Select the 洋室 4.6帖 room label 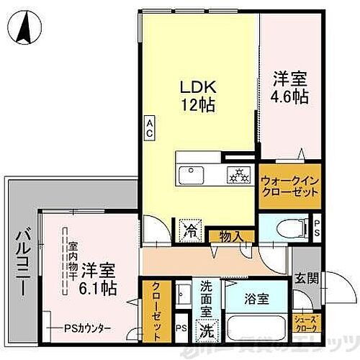click(x=289, y=86)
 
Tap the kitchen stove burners click(x=237, y=174)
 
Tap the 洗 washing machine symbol click(x=207, y=332)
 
